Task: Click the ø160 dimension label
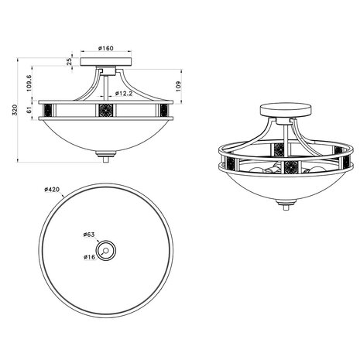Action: [x=107, y=49]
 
